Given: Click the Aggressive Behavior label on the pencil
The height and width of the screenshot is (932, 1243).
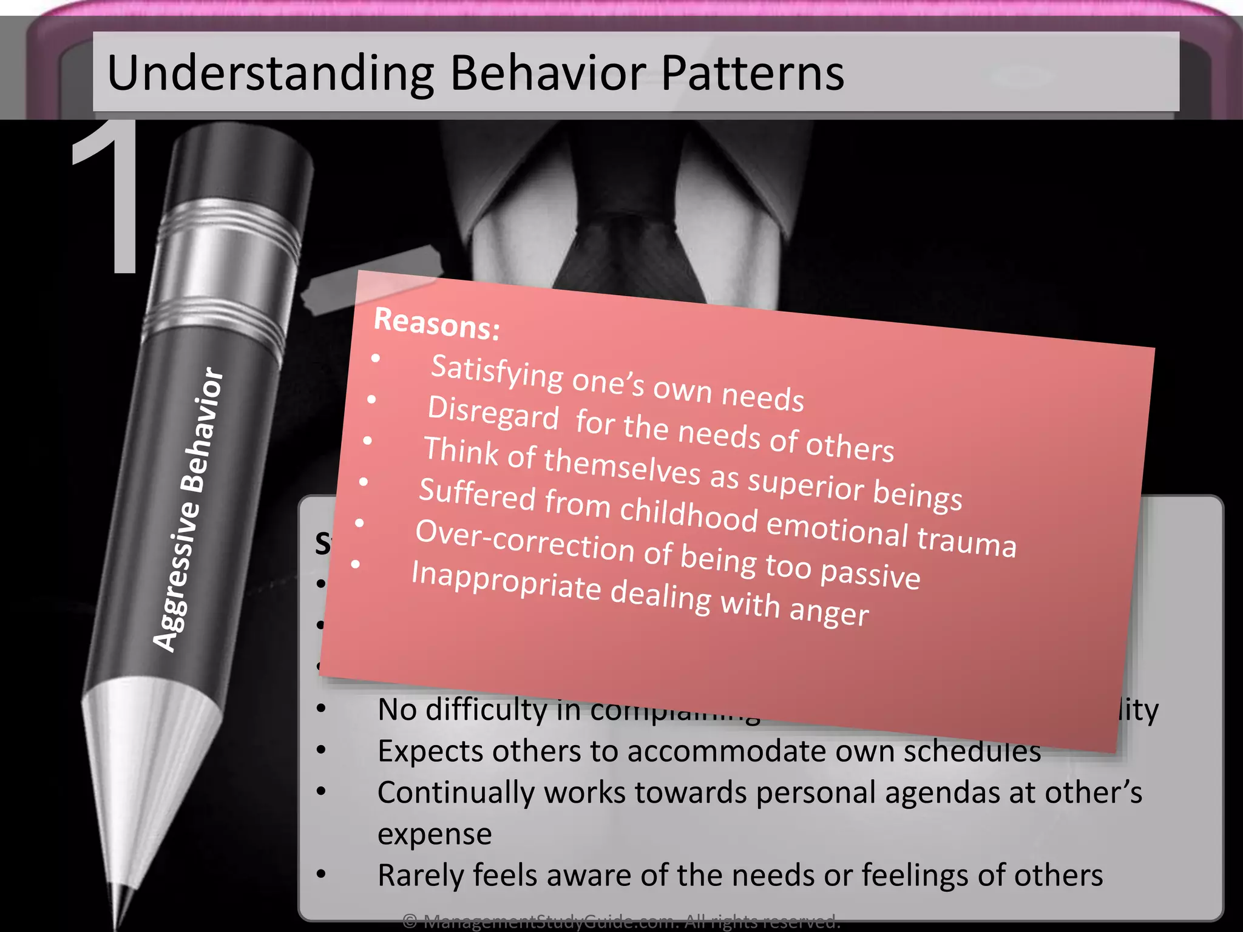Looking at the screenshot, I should [x=188, y=510].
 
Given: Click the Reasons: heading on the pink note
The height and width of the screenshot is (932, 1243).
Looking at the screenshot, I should [x=436, y=323].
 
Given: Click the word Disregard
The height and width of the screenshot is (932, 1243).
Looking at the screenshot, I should [x=493, y=413].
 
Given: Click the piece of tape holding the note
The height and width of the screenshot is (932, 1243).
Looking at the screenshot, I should [x=373, y=280].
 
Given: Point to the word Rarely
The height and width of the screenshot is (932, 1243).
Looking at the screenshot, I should [x=419, y=876].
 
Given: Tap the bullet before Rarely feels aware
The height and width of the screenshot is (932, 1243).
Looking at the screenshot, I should [x=321, y=874].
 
